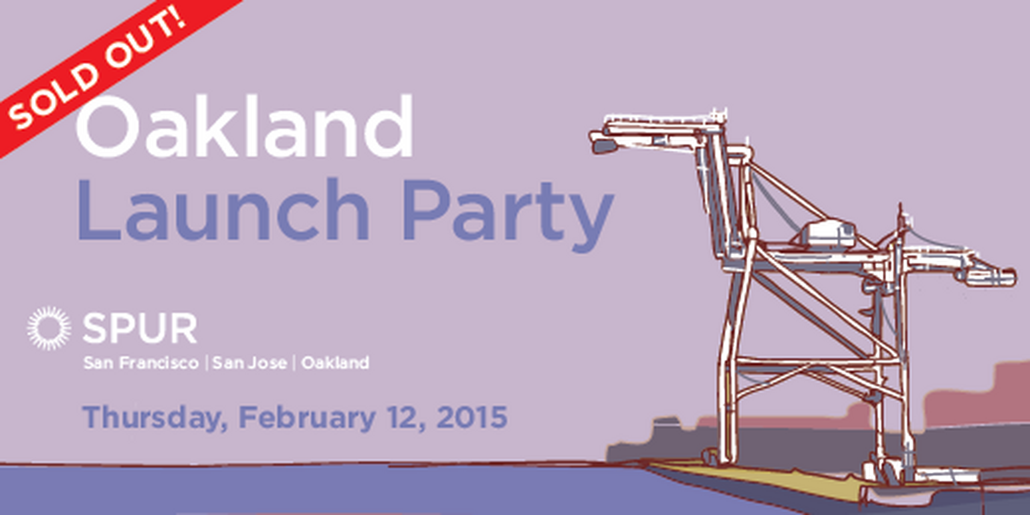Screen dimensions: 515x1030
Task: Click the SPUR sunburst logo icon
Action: click(48, 328)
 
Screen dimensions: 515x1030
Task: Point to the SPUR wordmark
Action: click(140, 329)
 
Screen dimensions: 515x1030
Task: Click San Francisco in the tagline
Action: click(141, 363)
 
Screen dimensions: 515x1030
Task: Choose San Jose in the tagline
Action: click(249, 363)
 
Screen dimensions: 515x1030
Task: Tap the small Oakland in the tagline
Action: click(335, 363)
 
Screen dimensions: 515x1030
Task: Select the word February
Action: click(307, 417)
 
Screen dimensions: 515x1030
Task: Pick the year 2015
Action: click(472, 417)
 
